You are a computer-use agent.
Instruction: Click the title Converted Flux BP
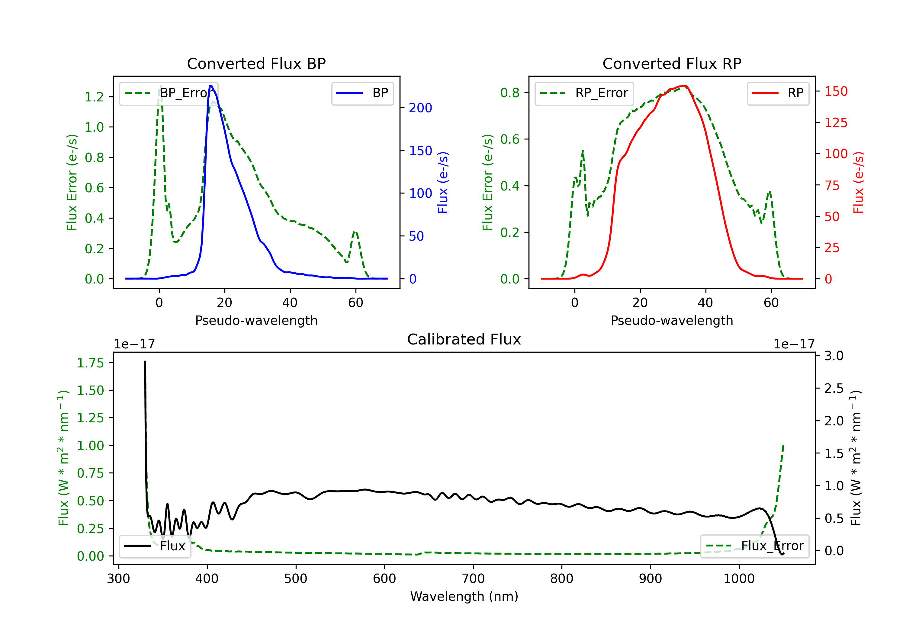(256, 63)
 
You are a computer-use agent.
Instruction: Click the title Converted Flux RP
(672, 63)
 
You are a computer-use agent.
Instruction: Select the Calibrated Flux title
(464, 339)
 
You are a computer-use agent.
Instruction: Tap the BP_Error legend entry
(169, 93)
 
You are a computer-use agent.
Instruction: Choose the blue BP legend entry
(362, 93)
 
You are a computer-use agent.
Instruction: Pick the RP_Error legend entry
(584, 93)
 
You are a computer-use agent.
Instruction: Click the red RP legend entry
(778, 93)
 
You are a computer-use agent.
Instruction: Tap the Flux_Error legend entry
(754, 546)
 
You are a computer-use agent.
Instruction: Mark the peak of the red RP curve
(685, 86)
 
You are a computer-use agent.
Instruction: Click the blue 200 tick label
(420, 108)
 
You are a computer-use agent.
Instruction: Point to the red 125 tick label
(836, 123)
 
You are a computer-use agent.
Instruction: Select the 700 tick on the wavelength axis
(473, 579)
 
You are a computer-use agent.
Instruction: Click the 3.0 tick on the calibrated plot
(834, 356)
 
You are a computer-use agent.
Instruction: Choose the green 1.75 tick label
(90, 363)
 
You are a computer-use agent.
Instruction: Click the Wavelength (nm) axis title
(464, 597)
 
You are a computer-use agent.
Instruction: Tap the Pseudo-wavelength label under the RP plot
(672, 320)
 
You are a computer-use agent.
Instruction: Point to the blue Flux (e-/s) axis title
(443, 182)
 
